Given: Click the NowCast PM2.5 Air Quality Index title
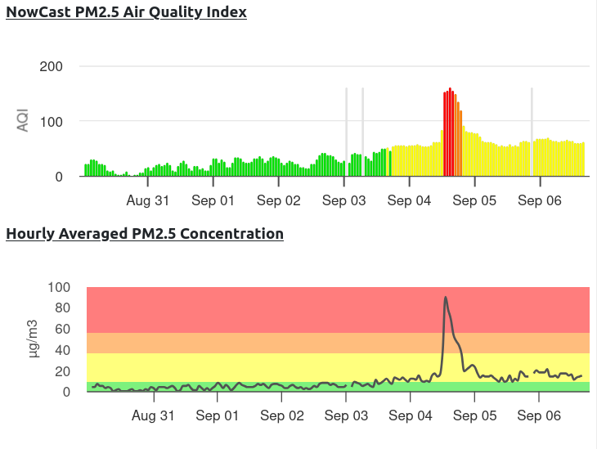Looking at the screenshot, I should coord(126,12).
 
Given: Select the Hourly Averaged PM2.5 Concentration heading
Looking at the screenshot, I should coord(145,234).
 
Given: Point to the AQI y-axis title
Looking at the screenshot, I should coord(23,121).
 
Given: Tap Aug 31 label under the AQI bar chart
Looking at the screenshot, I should coord(148,200).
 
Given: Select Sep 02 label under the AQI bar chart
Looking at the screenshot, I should coord(278,200).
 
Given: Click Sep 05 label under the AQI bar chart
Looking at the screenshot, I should coord(475,200).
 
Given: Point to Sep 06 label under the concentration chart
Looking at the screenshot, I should coord(541,415).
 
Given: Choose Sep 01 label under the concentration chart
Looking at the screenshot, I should coord(218,415).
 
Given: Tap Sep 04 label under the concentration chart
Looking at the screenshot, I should coord(411,415).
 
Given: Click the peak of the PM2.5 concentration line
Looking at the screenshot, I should coord(446,298).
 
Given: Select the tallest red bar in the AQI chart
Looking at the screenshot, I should coord(450,131).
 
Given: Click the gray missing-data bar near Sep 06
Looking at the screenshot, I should coord(532,131).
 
